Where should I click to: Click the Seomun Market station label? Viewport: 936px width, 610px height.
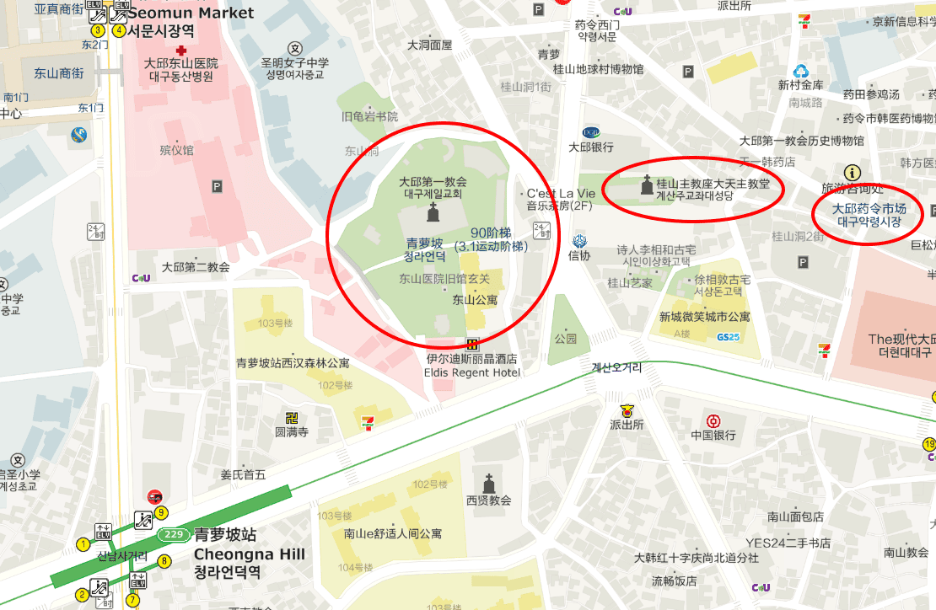[191, 13]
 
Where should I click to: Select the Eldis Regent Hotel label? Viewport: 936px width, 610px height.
[472, 372]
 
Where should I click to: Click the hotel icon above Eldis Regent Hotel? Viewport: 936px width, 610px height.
[472, 344]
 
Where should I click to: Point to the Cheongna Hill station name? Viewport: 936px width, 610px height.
[250, 554]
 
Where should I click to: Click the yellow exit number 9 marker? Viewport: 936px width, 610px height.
[161, 512]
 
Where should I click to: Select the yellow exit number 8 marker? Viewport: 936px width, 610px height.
[164, 561]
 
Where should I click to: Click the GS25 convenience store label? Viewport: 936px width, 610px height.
[728, 337]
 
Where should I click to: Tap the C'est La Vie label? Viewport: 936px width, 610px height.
[561, 193]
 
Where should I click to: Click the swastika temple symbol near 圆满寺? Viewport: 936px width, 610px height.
[293, 418]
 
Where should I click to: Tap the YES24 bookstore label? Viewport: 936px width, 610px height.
[788, 543]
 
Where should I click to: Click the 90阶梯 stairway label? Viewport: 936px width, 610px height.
[491, 233]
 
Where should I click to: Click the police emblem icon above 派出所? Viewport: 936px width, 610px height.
[627, 411]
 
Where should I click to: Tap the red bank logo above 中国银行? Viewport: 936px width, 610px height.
[713, 421]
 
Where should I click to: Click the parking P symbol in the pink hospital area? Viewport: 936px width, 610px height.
[218, 186]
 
